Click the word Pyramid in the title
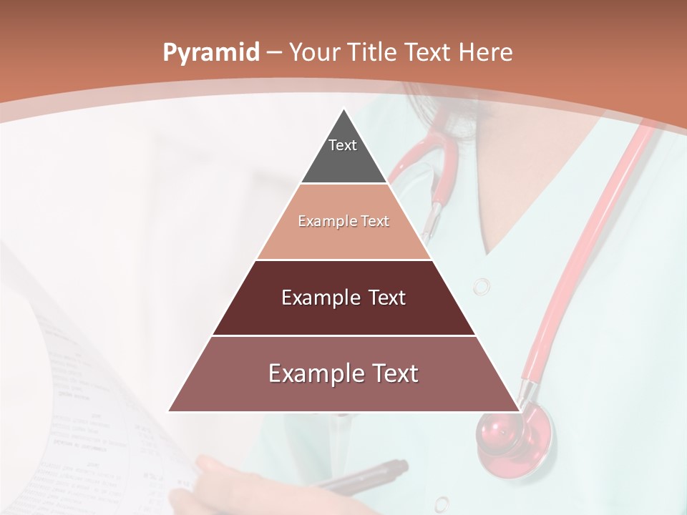click(210, 53)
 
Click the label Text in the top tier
click(343, 145)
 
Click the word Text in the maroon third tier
click(387, 298)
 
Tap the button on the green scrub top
click(482, 287)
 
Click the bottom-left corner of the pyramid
click(169, 411)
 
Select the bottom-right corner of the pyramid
click(520, 411)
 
